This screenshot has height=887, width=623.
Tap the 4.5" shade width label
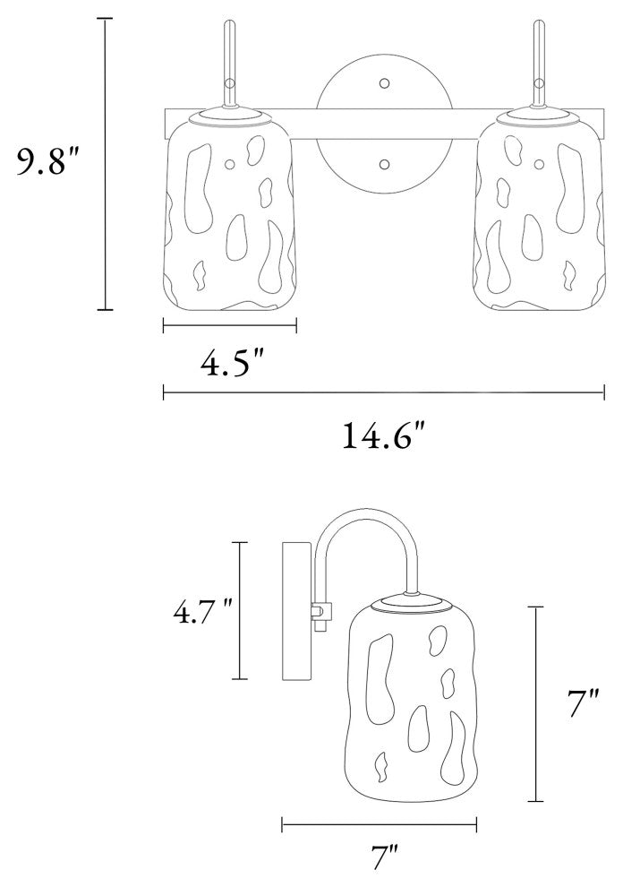pos(233,363)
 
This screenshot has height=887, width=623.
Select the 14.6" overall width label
pos(383,435)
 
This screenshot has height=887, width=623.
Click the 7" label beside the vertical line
pos(583,703)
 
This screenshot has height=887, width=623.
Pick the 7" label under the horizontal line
pos(386,858)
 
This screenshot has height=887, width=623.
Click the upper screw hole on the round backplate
pos(384,83)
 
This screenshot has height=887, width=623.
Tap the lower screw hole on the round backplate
pos(384,165)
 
